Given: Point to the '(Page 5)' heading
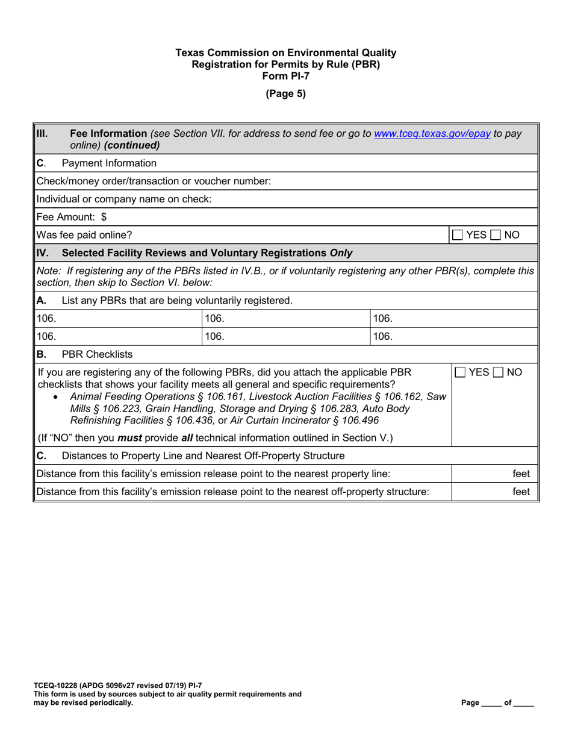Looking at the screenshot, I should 286,93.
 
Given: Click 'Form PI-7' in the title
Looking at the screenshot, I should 286,75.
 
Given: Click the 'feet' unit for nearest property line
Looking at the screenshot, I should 521,475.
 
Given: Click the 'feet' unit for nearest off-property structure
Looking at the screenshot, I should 521,492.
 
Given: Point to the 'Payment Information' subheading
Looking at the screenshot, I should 110,163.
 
